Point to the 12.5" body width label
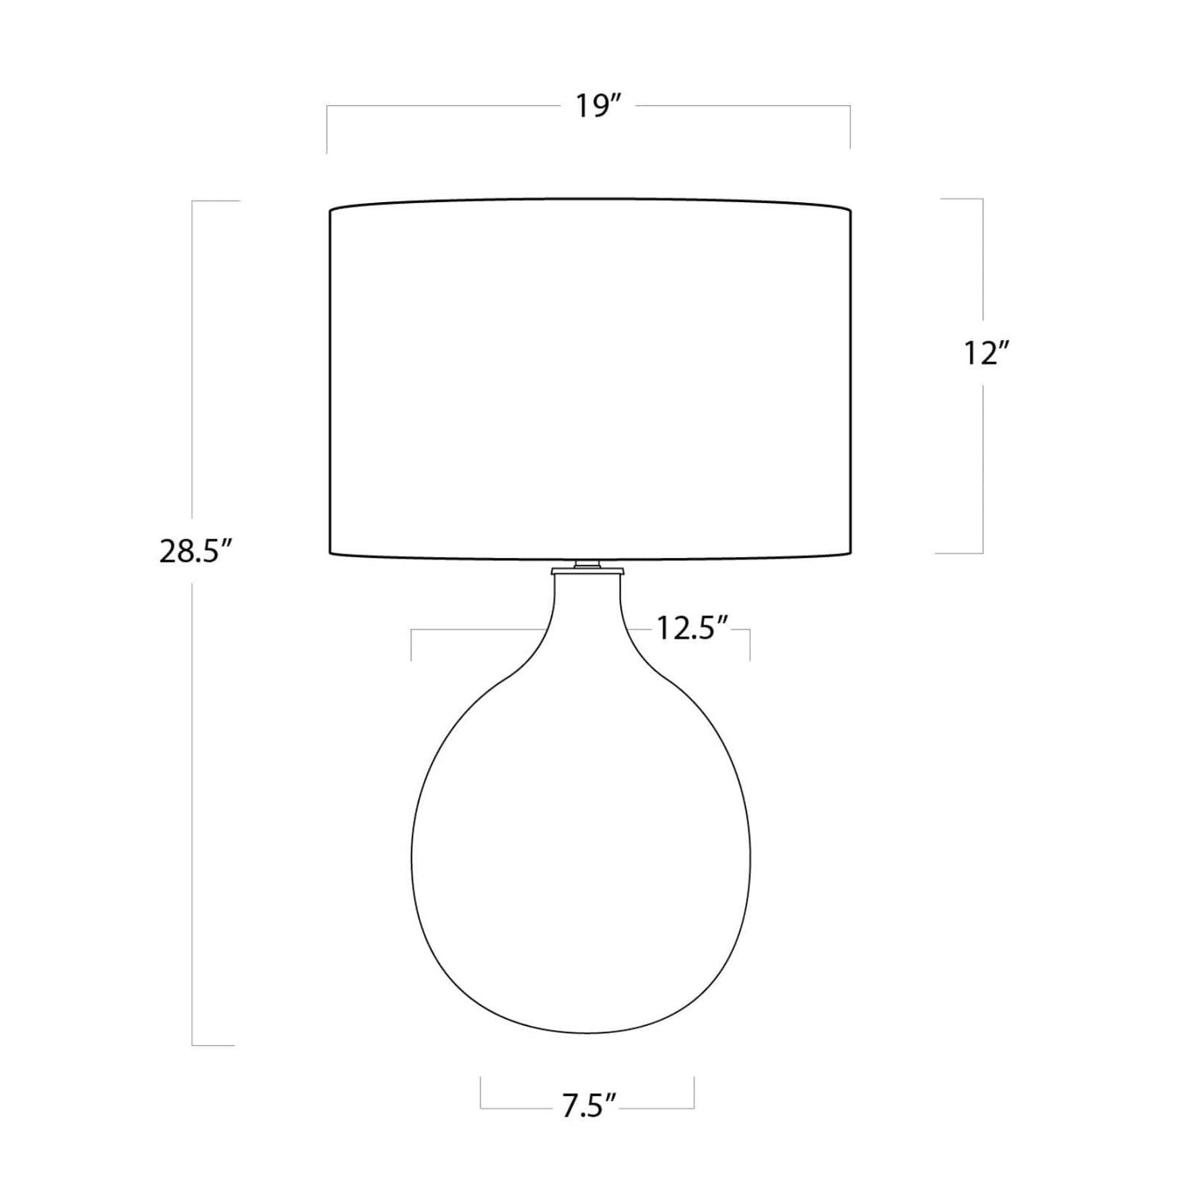point(693,629)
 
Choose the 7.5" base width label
point(590,1106)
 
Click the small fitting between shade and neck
point(587,567)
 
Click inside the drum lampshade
point(590,377)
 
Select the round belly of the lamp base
point(581,852)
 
